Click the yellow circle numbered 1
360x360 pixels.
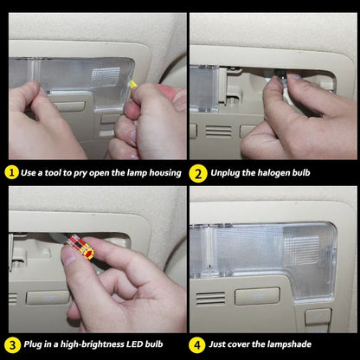pos(12,172)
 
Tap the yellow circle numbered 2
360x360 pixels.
pos(198,173)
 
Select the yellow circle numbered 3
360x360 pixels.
pos(13,344)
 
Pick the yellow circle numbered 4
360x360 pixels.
pos(197,344)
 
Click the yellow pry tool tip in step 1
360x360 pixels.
pos(133,84)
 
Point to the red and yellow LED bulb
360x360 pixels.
pos(80,247)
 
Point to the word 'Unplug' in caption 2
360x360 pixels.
pos(225,173)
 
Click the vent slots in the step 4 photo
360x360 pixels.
pos(210,299)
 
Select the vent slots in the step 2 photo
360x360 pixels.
pos(218,132)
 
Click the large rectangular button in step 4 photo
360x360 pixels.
pos(257,296)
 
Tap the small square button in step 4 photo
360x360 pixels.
pos(318,317)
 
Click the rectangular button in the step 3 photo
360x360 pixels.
pos(48,298)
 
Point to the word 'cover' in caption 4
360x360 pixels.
pos(239,344)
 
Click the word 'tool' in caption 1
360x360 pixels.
pos(53,173)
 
